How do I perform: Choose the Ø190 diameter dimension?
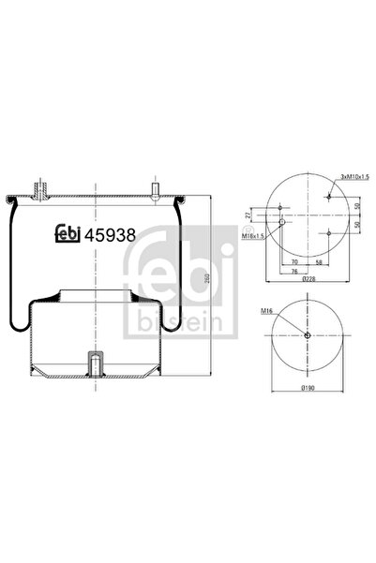click(x=308, y=387)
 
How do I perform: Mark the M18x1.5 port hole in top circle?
click(x=281, y=221)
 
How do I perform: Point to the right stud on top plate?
click(x=153, y=189)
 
